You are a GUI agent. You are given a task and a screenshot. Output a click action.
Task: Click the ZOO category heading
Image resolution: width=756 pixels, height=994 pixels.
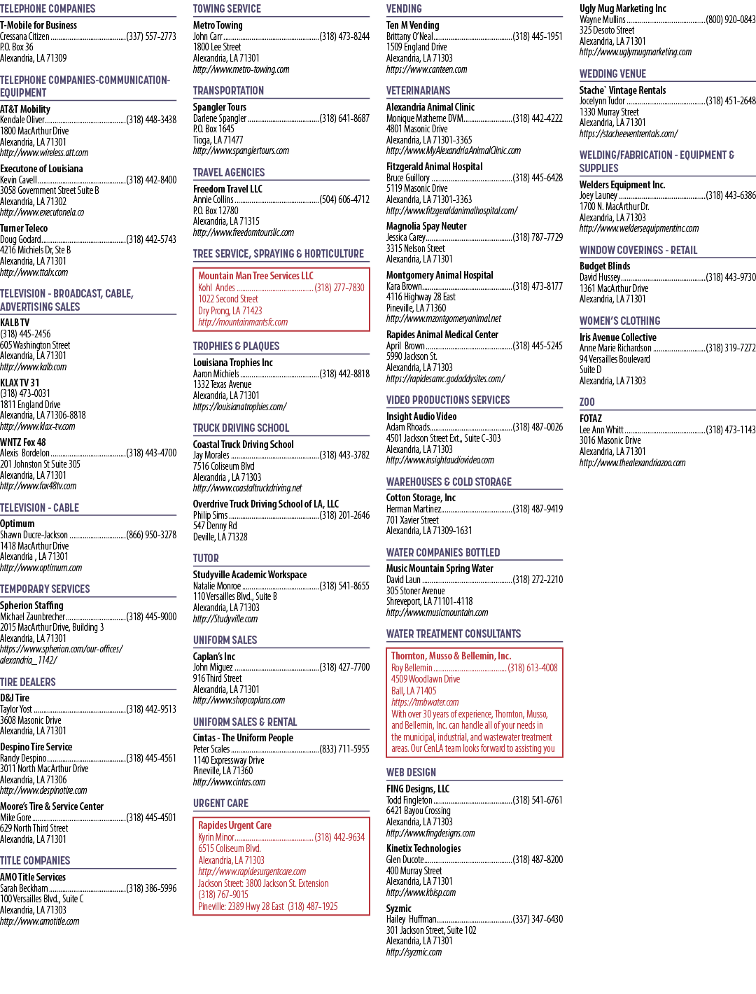587,402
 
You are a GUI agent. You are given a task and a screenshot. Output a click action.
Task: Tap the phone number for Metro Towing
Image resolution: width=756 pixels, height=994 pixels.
344,36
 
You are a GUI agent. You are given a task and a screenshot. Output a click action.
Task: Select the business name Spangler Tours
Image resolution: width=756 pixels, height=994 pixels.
220,107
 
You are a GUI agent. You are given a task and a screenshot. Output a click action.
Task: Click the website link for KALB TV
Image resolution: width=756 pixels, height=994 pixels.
33,367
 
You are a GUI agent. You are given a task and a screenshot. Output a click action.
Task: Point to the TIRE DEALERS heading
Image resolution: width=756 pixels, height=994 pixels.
27,682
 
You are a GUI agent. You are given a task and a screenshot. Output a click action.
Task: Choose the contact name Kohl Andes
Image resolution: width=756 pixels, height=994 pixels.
216,288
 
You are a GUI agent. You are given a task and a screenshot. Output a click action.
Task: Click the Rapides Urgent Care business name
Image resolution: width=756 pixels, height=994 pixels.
234,825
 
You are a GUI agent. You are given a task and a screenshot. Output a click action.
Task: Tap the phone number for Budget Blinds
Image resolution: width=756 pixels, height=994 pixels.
731,277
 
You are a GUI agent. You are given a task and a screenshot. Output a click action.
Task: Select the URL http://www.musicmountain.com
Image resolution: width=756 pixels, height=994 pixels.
437,612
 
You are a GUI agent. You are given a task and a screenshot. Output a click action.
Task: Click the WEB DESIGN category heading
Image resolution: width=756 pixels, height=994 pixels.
411,772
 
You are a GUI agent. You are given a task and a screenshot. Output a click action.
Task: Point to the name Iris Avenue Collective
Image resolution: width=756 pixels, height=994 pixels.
618,337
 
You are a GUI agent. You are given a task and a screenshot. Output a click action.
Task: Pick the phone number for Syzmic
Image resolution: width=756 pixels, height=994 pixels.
538,919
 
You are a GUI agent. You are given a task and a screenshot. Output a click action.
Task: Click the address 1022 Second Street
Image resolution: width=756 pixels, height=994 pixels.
228,299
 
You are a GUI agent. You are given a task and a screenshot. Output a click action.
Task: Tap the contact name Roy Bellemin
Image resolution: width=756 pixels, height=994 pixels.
412,668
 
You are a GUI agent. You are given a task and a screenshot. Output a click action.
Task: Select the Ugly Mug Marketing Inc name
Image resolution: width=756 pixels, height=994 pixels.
623,8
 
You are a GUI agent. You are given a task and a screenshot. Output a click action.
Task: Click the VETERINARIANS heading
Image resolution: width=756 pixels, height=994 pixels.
419,90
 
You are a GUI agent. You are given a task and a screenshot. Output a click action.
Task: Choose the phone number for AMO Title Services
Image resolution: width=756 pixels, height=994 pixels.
151,888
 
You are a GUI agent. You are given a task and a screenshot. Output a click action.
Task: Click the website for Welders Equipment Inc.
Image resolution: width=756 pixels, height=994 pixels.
639,228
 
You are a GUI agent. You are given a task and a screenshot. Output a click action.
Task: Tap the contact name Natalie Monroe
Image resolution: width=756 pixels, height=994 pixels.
217,585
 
